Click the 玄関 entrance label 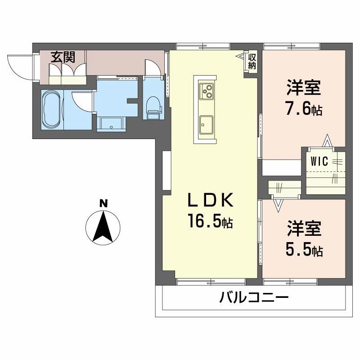pyautogui.click(x=62, y=57)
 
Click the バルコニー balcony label pyautogui.click(x=254, y=298)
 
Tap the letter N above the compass pyautogui.click(x=103, y=203)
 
